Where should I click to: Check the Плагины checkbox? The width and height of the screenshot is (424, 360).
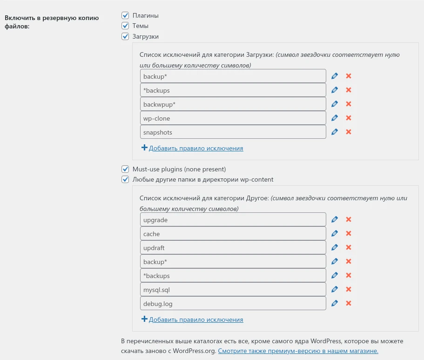click(x=125, y=16)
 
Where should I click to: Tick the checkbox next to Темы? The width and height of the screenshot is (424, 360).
click(x=125, y=26)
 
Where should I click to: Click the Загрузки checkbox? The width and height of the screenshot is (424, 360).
click(x=125, y=36)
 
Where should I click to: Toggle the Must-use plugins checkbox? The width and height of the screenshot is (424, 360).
click(x=125, y=169)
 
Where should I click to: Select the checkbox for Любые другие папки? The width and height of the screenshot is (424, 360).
click(x=125, y=179)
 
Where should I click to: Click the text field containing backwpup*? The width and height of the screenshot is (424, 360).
click(x=233, y=104)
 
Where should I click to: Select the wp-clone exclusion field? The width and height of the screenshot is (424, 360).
click(x=233, y=118)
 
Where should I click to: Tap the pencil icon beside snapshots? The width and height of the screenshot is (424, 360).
click(x=334, y=132)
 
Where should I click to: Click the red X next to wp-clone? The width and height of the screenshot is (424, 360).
click(x=348, y=118)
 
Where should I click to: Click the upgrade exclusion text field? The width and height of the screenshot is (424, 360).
click(x=233, y=219)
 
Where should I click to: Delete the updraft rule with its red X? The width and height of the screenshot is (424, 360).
click(x=348, y=247)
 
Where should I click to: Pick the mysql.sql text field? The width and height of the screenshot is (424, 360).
click(x=233, y=289)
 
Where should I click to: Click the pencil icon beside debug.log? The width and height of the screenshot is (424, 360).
click(x=334, y=303)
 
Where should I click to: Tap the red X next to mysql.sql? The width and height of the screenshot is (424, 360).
click(x=348, y=289)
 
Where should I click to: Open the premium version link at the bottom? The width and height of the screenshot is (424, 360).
click(x=298, y=351)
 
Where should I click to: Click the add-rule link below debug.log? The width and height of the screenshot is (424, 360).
click(x=195, y=320)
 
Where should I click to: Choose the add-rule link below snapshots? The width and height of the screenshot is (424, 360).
click(x=195, y=149)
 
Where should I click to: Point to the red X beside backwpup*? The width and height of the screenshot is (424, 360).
click(x=348, y=104)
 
